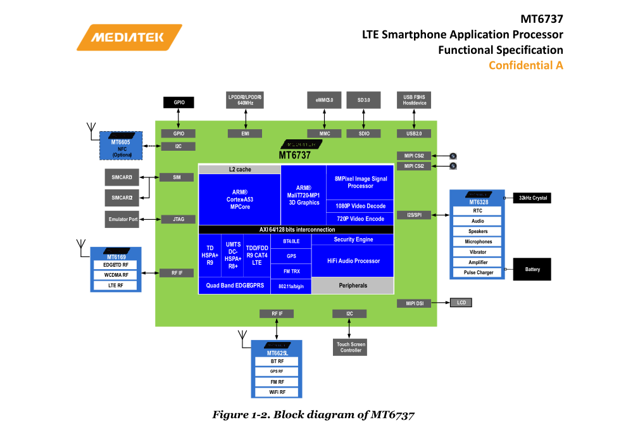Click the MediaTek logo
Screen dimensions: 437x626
pos(129,37)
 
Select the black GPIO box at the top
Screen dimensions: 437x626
pos(178,102)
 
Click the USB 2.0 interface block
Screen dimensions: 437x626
pos(414,134)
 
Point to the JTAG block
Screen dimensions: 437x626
pos(178,219)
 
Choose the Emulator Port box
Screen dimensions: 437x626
pos(123,219)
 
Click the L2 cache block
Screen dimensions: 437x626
pos(240,170)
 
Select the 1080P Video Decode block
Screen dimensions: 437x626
pos(360,206)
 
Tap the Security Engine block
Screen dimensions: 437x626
pos(353,239)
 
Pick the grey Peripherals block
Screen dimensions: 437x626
pos(353,286)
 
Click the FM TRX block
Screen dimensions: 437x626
pos(291,271)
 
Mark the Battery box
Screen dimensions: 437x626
pos(532,269)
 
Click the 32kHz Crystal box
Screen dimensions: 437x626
pos(532,198)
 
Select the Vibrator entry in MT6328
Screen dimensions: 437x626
pos(478,252)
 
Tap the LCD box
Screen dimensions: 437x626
pos(461,303)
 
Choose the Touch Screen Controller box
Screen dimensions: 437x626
pos(351,347)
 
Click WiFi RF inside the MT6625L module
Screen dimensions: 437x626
pos(277,393)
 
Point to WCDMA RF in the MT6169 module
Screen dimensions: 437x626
pos(116,275)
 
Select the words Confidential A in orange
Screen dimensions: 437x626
pos(525,65)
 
